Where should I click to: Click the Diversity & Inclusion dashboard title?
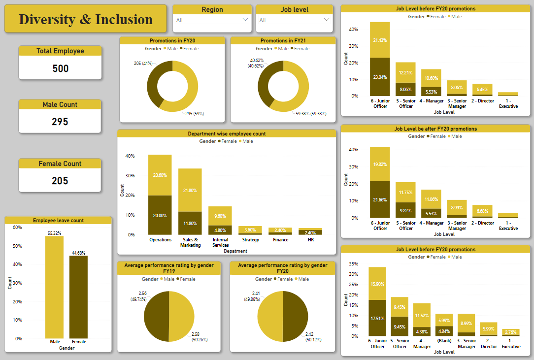[x=86, y=20]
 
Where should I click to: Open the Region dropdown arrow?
[x=246, y=20]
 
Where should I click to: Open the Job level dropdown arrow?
[x=327, y=20]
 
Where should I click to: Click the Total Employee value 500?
[x=60, y=68]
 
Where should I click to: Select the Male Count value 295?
[x=60, y=122]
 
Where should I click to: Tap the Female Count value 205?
[x=60, y=181]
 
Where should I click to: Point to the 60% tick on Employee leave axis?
[x=17, y=228]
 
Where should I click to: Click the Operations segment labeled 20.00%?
[x=160, y=215]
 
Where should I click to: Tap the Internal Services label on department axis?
[x=220, y=242]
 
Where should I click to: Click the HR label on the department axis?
[x=310, y=240]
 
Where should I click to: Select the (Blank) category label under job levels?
[x=444, y=340]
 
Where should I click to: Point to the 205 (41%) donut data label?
[x=144, y=64]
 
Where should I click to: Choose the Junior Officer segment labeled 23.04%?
[x=380, y=77]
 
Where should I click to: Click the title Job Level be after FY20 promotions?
[x=435, y=129]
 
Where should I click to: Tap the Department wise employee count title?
[x=227, y=133]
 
